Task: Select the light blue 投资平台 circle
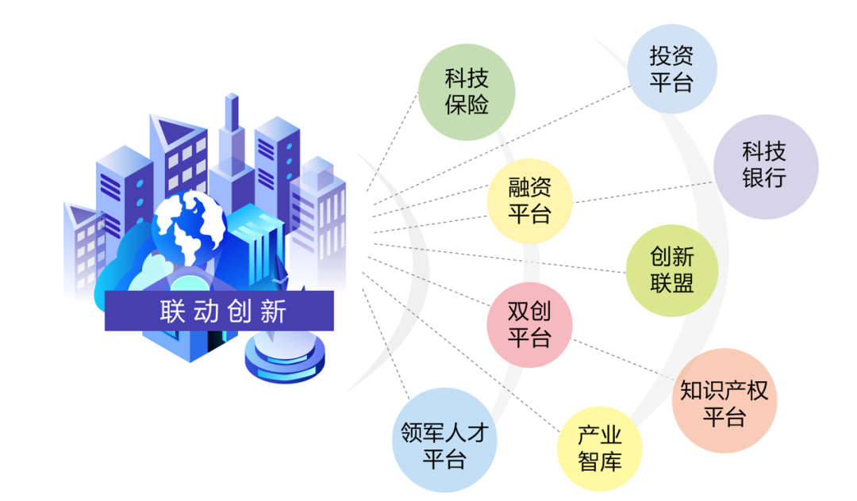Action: click(x=671, y=68)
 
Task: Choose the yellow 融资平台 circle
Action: click(x=529, y=201)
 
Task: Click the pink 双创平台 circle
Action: click(x=529, y=323)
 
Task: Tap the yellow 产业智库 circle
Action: click(x=599, y=448)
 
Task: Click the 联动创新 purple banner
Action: click(x=219, y=312)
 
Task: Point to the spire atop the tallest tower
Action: click(x=232, y=111)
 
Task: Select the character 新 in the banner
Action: click(x=271, y=312)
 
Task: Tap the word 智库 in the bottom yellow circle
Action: click(x=599, y=461)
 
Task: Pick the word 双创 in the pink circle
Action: click(x=529, y=311)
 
